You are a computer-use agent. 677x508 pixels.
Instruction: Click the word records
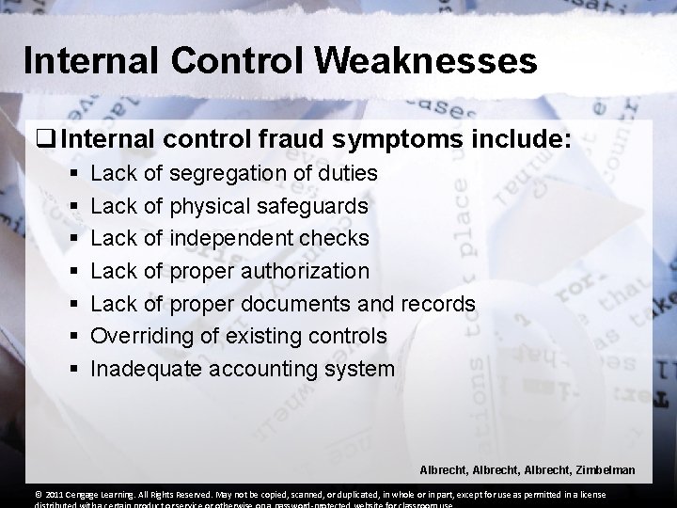click(438, 304)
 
